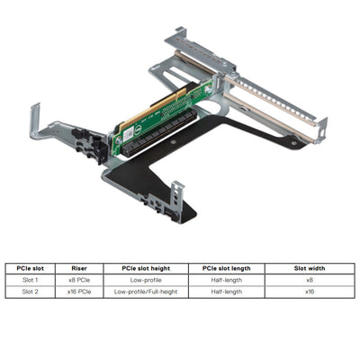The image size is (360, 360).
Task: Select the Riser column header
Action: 79,268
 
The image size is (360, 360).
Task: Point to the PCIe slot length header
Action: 227,268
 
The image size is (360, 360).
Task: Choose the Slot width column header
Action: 309,268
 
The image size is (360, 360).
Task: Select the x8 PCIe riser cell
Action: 79,280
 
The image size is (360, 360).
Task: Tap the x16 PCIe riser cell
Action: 79,292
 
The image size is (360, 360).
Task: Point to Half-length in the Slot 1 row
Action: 227,280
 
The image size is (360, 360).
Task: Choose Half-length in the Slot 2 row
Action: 227,292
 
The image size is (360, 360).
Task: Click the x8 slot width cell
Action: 309,280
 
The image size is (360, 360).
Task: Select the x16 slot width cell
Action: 309,292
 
